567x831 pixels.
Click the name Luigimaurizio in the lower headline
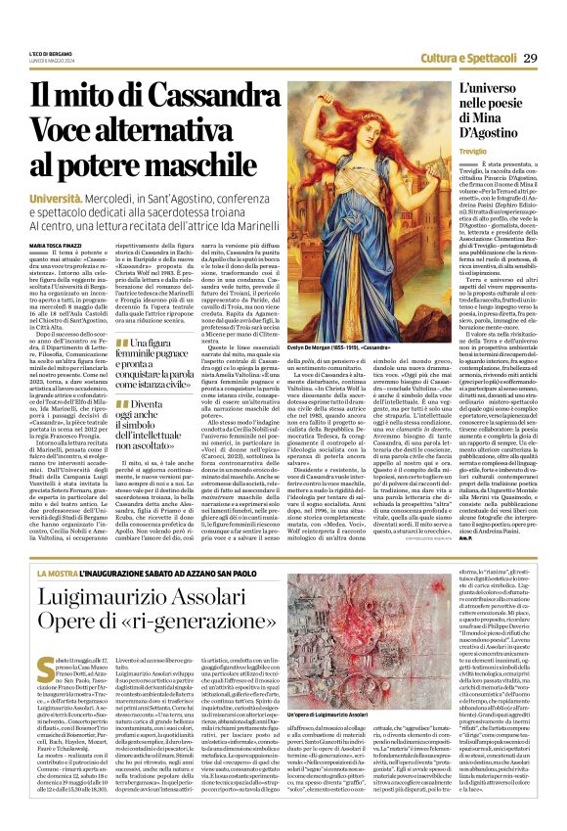[126, 599]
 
